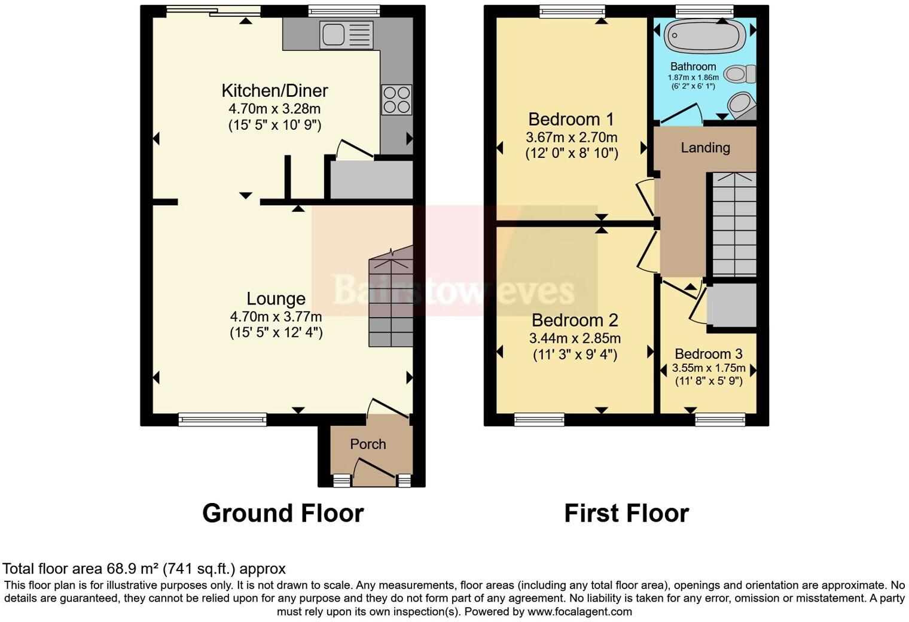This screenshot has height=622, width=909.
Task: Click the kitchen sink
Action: [x=346, y=35]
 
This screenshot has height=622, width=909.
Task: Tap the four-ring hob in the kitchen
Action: [x=396, y=100]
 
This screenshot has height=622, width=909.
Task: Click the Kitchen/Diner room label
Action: [x=274, y=91]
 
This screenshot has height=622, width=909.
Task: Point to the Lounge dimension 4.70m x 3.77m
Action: [x=276, y=316]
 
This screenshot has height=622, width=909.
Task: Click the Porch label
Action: [x=368, y=444]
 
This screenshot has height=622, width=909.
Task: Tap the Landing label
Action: [x=705, y=148]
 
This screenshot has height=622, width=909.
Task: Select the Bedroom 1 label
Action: [x=571, y=119]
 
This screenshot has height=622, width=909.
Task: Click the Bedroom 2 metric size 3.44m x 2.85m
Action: [x=575, y=339]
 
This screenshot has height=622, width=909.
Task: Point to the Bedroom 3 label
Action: [x=708, y=354]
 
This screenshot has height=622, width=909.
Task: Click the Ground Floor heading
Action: [x=283, y=513]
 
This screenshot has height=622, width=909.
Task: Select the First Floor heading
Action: [x=626, y=513]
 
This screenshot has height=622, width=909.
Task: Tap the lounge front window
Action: [x=222, y=420]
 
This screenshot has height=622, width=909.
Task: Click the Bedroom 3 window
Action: [x=720, y=420]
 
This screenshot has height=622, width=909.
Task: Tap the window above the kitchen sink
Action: [x=344, y=11]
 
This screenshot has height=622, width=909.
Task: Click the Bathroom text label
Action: [x=693, y=66]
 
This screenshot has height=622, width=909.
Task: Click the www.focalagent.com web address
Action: [x=579, y=612]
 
